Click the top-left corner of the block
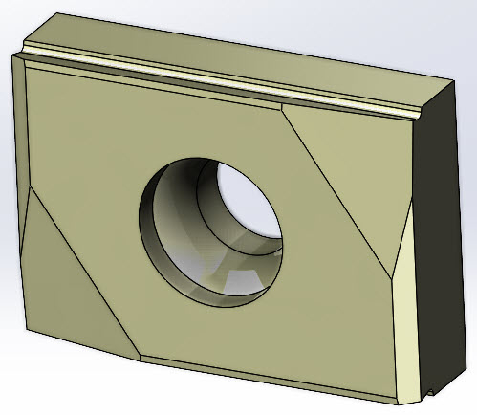tap(12, 55)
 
